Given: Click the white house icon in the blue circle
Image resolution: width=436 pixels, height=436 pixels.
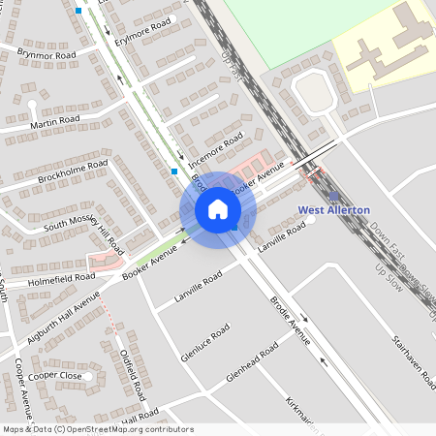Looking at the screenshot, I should (x=218, y=208).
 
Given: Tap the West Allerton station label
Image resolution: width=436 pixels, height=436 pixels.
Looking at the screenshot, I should (x=333, y=210).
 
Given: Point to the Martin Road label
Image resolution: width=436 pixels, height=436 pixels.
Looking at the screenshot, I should (x=54, y=121).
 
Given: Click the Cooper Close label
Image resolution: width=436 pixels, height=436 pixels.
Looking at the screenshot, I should (x=54, y=375).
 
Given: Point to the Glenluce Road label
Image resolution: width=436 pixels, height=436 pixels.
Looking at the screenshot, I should (x=205, y=343).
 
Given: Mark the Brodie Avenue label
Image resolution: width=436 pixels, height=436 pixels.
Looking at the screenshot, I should (x=290, y=322).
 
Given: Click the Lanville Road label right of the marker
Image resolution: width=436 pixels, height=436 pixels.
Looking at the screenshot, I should (x=282, y=236).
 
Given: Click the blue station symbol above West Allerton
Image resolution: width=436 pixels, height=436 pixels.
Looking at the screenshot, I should (x=334, y=197).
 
